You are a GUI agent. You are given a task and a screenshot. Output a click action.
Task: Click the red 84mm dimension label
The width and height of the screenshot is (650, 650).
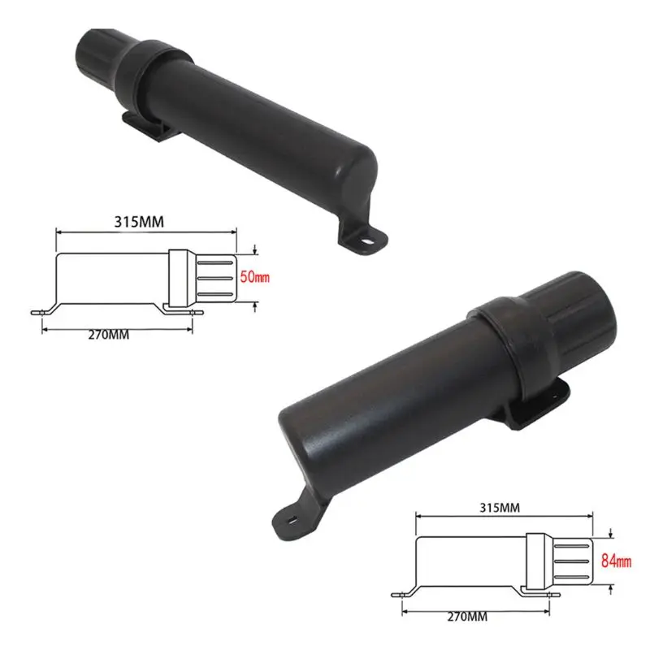(616, 559)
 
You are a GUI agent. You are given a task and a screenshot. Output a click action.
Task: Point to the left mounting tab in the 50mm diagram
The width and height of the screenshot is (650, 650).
(41, 312)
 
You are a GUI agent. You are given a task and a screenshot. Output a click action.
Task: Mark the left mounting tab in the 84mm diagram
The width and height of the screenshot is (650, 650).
(402, 594)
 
